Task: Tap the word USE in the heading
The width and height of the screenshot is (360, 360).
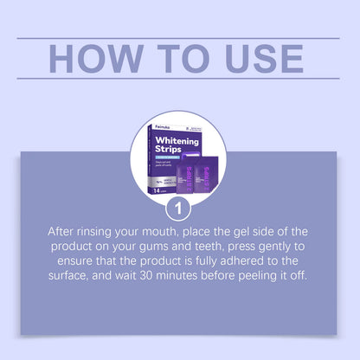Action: [257, 58]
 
